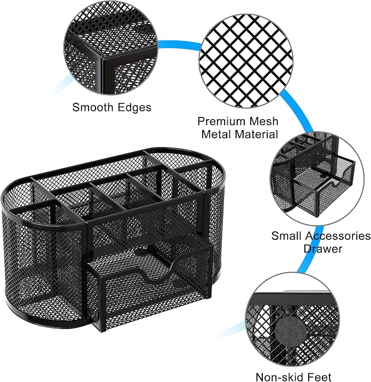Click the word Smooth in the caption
pos(92,107)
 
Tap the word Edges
pos(134,108)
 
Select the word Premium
pos(221,121)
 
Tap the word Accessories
pos(338,236)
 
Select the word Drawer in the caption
pos(323,249)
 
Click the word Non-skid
pos(279,377)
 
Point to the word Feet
pos(319,377)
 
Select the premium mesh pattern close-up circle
pos(246,61)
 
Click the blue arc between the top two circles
pos(180,45)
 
